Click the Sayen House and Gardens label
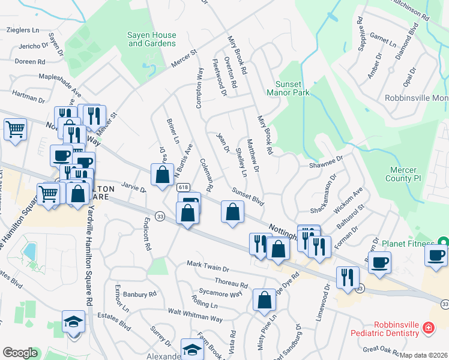[152, 39]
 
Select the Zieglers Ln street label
[23, 29]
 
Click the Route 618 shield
[184, 187]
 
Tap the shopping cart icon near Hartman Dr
[16, 129]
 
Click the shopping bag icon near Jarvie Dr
[162, 175]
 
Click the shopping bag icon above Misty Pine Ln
[264, 301]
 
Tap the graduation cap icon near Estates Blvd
[73, 322]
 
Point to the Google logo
[20, 353]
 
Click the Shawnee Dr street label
[325, 162]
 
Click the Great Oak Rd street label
[382, 348]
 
